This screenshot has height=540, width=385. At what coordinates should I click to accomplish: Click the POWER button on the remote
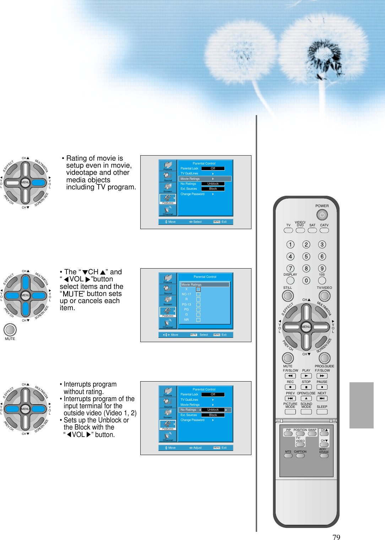click(322, 215)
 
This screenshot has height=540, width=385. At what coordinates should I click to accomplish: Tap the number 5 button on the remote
click(306, 256)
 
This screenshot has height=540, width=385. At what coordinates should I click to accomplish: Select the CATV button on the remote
click(324, 230)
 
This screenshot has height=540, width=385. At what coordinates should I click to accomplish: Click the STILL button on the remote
click(288, 296)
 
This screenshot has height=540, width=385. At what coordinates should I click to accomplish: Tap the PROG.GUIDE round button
click(324, 358)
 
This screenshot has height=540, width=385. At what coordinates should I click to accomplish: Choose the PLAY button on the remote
click(306, 376)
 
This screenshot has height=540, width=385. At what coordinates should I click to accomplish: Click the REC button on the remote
click(290, 387)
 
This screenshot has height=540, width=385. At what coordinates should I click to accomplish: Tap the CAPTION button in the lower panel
click(300, 456)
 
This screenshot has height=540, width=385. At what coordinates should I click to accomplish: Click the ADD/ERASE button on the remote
click(324, 456)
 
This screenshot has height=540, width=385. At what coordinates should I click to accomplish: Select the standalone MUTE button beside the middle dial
click(10, 330)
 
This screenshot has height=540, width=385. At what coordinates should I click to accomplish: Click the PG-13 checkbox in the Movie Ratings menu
click(198, 304)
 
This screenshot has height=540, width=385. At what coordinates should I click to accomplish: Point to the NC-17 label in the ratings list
click(186, 294)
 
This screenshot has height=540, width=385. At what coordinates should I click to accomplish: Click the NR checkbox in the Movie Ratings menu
click(198, 320)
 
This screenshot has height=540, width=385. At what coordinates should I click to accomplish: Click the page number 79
click(336, 537)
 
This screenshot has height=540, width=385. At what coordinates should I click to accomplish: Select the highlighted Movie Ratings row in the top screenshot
click(204, 179)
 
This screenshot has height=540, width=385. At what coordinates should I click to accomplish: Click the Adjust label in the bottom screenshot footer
click(197, 448)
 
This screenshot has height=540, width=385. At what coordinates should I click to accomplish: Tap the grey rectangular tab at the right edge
click(361, 405)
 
